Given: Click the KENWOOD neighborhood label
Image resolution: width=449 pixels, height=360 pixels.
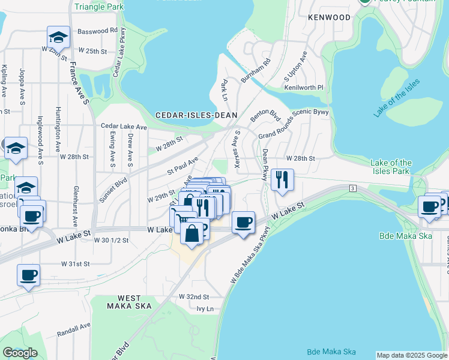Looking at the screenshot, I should coord(328,18).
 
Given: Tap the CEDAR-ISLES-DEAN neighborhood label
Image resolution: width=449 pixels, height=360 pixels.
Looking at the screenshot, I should coord(197,115).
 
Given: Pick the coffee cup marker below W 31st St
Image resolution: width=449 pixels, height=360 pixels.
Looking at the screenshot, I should coord(29,276).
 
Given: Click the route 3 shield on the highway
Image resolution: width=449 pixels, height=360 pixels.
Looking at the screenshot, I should coord(352,188).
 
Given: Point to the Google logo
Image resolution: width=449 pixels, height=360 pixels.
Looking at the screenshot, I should coord(20,353).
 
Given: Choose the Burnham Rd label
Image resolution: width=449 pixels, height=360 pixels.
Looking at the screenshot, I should coord(256,70).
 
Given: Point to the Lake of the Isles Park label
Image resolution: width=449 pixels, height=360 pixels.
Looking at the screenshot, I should coord(391,167).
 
